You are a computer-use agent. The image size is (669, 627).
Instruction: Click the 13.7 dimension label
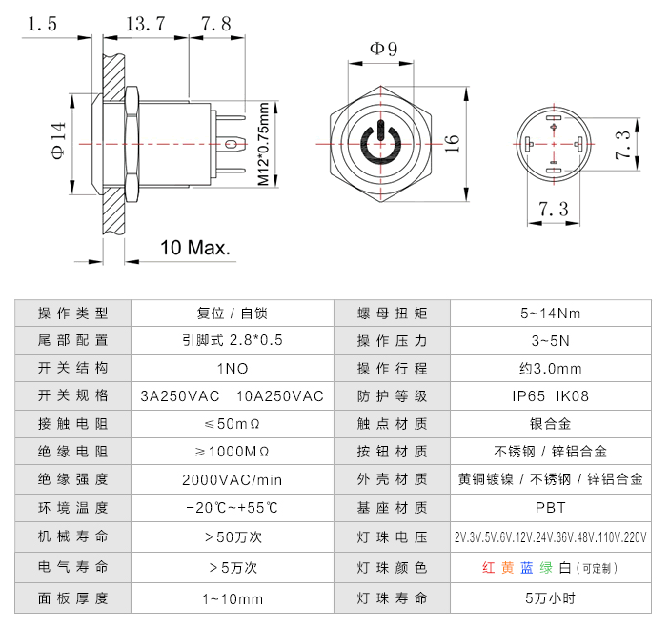click(148, 24)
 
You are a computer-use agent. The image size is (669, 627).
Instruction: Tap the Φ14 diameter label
click(59, 142)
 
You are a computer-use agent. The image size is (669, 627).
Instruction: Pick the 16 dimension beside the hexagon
click(453, 142)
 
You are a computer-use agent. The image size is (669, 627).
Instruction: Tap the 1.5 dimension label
click(43, 24)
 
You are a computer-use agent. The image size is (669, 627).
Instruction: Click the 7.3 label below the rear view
click(553, 209)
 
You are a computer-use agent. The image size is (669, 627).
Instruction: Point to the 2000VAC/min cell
click(232, 480)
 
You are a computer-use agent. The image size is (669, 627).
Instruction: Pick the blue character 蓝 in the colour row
click(527, 568)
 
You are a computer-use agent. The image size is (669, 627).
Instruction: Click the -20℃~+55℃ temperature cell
click(232, 508)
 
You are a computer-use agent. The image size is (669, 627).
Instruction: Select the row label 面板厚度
click(72, 598)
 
